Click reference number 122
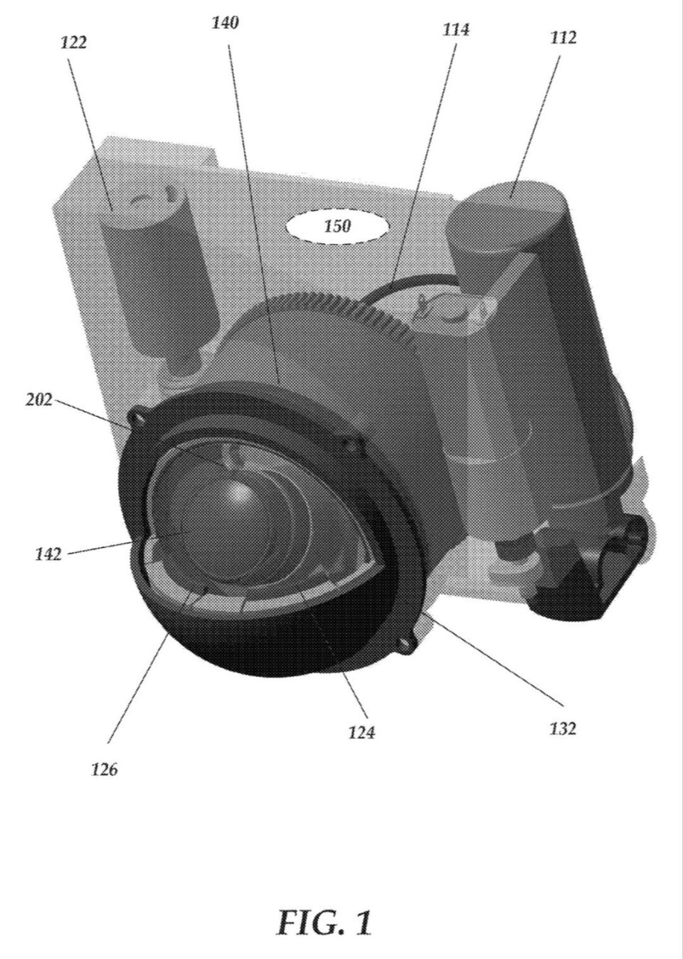click(x=74, y=43)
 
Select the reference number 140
click(x=226, y=23)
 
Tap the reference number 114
click(x=456, y=30)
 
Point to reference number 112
click(x=563, y=38)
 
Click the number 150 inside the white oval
click(x=337, y=226)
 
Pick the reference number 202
click(x=39, y=400)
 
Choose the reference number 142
click(x=48, y=555)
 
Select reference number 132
click(x=563, y=728)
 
